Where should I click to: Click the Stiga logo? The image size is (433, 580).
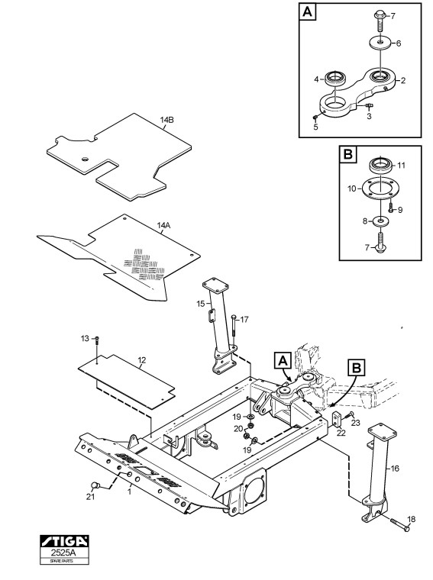click(x=64, y=541)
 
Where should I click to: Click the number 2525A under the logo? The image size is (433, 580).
click(x=65, y=553)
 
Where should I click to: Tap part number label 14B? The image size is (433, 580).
click(x=167, y=120)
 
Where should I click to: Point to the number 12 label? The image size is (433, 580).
click(x=142, y=360)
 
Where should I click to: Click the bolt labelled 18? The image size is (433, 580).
click(x=400, y=525)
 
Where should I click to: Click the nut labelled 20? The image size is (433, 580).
click(x=250, y=426)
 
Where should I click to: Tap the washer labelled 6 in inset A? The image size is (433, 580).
click(x=381, y=42)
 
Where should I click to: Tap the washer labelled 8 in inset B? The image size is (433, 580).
click(x=379, y=221)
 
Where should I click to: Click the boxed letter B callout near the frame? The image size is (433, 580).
click(x=356, y=369)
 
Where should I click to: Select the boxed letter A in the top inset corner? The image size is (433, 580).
click(x=308, y=11)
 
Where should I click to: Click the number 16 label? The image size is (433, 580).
click(x=395, y=469)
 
